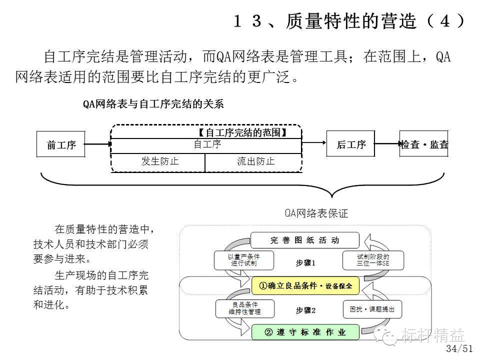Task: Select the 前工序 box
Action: point(61,145)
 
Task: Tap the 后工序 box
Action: point(351,145)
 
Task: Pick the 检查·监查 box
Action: point(424,145)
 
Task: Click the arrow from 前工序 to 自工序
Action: point(97,144)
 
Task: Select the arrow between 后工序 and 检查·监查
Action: point(387,144)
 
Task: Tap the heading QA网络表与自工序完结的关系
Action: point(153,104)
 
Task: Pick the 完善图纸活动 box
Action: point(304,240)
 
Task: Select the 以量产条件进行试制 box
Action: point(244,259)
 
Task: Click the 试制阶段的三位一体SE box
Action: point(372,259)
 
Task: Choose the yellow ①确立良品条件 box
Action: point(305,286)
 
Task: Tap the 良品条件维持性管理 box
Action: point(244,308)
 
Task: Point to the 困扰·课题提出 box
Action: point(372,309)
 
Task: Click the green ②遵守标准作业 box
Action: point(305,332)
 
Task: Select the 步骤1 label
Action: point(305,263)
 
